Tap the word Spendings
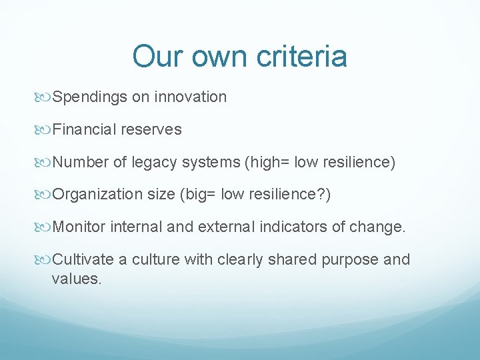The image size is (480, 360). click(90, 97)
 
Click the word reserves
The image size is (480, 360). click(151, 129)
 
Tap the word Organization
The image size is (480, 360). click(97, 195)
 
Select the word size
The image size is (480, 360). click(161, 195)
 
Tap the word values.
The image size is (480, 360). click(76, 279)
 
